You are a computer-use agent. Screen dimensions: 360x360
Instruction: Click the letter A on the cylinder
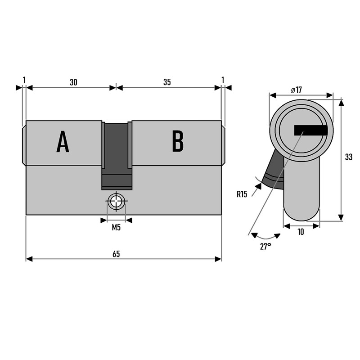click(63, 142)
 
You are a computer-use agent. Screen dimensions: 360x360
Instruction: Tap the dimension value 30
click(73, 82)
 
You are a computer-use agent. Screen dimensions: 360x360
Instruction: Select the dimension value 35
click(167, 82)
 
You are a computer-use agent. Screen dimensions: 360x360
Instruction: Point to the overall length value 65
click(116, 254)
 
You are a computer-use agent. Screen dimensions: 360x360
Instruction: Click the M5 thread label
click(116, 228)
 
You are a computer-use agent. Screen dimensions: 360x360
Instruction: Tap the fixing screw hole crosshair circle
click(117, 201)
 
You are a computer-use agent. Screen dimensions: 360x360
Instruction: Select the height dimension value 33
click(348, 157)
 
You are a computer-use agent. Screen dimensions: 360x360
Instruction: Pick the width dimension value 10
click(301, 232)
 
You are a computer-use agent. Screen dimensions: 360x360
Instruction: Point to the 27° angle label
click(265, 246)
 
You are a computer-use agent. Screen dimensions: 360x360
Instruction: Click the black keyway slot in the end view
click(310, 130)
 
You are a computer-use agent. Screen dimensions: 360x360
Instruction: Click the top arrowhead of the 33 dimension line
click(341, 103)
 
